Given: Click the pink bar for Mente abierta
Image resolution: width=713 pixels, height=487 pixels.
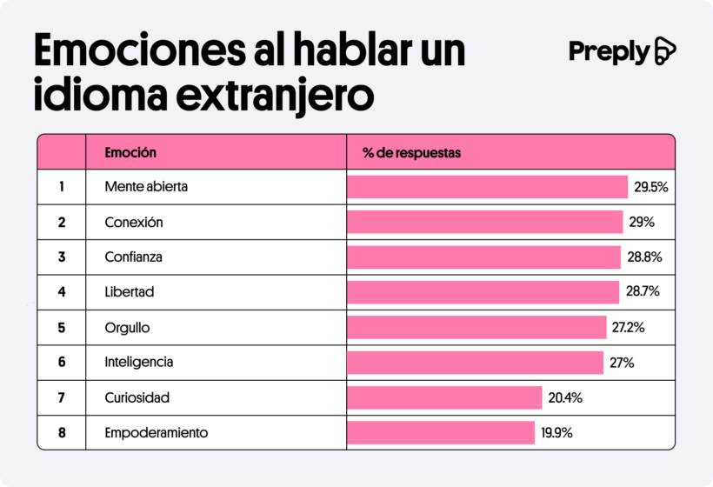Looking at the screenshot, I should click(x=487, y=187).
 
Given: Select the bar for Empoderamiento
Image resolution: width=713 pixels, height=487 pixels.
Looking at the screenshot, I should click(x=441, y=432).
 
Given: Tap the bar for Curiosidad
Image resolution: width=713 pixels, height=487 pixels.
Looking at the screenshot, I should click(x=444, y=397).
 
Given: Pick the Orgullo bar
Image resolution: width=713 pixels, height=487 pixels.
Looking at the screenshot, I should click(x=476, y=327).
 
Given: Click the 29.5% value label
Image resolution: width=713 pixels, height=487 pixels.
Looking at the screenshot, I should click(x=650, y=187).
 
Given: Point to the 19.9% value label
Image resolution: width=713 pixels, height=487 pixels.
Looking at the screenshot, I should click(x=556, y=432).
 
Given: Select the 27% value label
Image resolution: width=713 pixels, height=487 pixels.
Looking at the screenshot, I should click(x=622, y=363).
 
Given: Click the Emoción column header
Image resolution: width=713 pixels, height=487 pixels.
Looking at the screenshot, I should click(x=130, y=152).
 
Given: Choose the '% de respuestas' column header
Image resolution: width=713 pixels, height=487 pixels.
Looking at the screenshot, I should click(x=411, y=153).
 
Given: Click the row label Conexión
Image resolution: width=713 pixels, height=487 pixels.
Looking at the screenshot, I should click(x=134, y=223).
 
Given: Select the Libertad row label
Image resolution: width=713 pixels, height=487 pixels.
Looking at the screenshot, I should click(x=130, y=292).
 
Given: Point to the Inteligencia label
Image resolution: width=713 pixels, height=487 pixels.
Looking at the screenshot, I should click(x=139, y=363).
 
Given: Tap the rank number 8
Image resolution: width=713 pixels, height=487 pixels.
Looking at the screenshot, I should click(x=62, y=432).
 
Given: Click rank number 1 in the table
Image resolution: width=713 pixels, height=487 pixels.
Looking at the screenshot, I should click(x=62, y=187).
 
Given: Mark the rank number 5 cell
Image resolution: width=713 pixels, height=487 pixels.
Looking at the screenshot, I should click(x=62, y=327).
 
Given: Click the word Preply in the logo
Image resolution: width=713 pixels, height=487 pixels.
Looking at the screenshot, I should click(x=609, y=51).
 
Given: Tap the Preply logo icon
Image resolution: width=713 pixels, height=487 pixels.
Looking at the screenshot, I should click(x=665, y=51).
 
